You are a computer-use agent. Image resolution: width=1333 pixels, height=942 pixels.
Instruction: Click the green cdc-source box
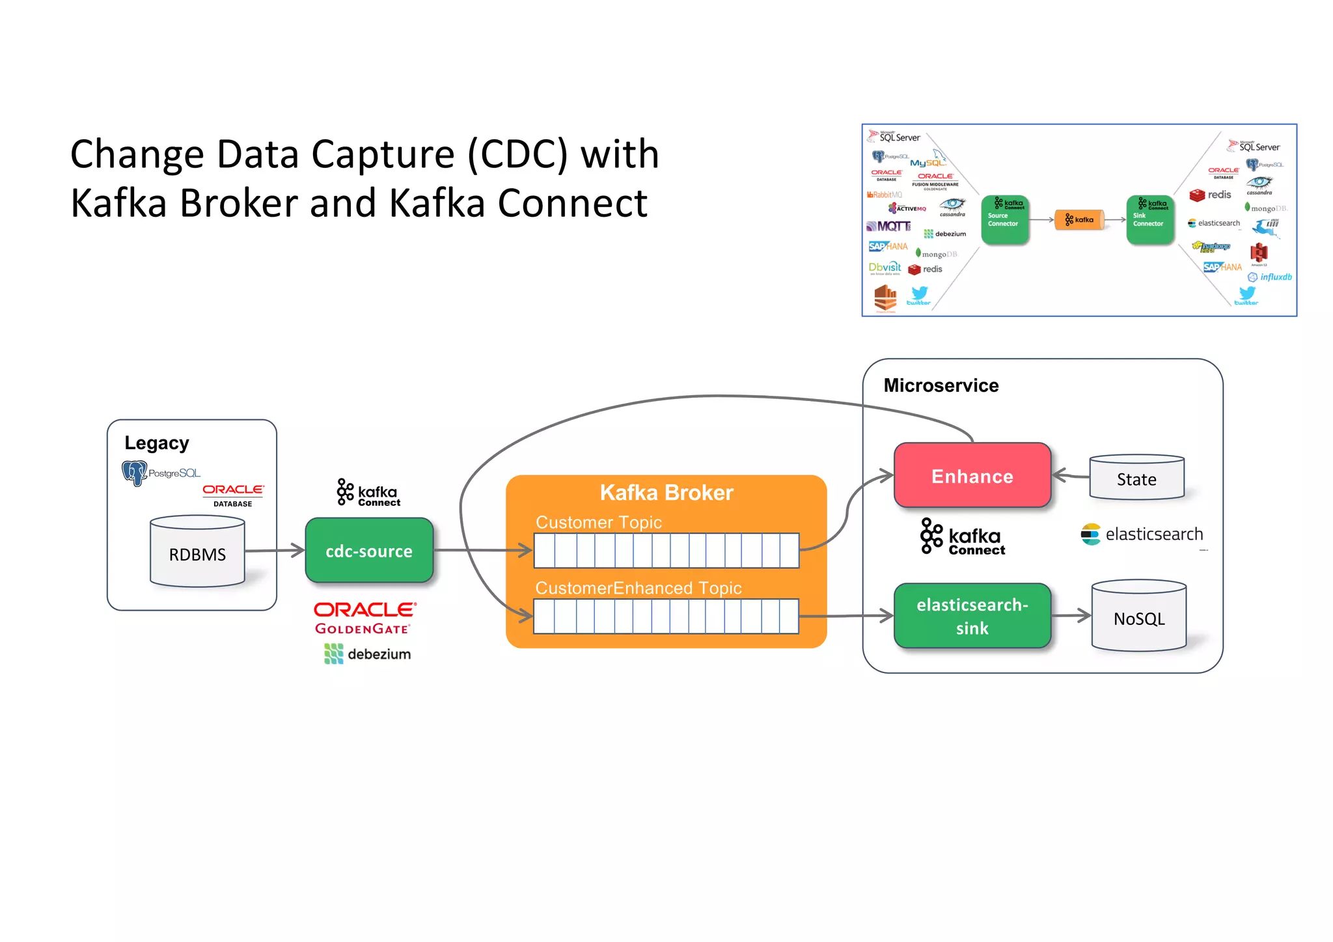(x=369, y=551)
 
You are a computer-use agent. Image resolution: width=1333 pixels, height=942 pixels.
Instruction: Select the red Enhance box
(x=972, y=476)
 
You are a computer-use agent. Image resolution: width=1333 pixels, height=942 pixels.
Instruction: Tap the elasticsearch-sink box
(x=972, y=616)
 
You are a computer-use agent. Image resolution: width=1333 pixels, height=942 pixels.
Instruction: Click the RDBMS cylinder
(x=197, y=554)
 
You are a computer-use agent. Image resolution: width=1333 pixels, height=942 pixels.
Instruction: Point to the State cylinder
(x=1136, y=479)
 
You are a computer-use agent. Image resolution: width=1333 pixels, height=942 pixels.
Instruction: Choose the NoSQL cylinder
(x=1138, y=618)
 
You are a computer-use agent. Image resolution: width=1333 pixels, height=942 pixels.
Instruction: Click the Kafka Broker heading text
(x=666, y=493)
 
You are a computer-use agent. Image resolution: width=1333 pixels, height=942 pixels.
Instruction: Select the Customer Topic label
(x=598, y=522)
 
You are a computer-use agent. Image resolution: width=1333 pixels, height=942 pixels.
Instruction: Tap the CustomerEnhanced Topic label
(x=638, y=588)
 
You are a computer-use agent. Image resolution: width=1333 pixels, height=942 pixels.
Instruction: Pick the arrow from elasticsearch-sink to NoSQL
(x=1071, y=615)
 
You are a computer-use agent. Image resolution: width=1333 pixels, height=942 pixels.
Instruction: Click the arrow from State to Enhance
(x=1071, y=476)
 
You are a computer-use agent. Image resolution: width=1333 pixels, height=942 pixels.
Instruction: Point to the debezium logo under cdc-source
(x=368, y=654)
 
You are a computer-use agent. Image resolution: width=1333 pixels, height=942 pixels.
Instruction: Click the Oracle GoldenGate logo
(x=364, y=618)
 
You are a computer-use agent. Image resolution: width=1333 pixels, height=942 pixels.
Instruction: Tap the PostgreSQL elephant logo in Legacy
(x=135, y=473)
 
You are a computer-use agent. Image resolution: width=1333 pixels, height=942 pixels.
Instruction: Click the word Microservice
(x=941, y=385)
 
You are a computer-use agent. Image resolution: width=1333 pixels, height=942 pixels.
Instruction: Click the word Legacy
(x=157, y=443)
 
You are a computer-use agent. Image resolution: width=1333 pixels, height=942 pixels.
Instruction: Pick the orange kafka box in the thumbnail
(x=1079, y=220)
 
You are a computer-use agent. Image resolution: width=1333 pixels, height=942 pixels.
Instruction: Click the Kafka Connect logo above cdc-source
(x=368, y=493)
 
